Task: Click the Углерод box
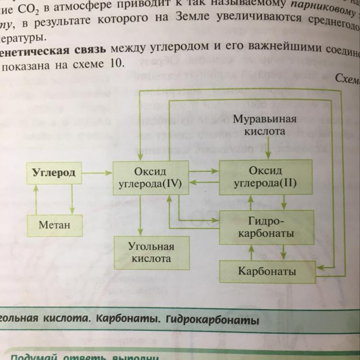pyautogui.click(x=53, y=173)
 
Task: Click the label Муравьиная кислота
pyautogui.click(x=264, y=125)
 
